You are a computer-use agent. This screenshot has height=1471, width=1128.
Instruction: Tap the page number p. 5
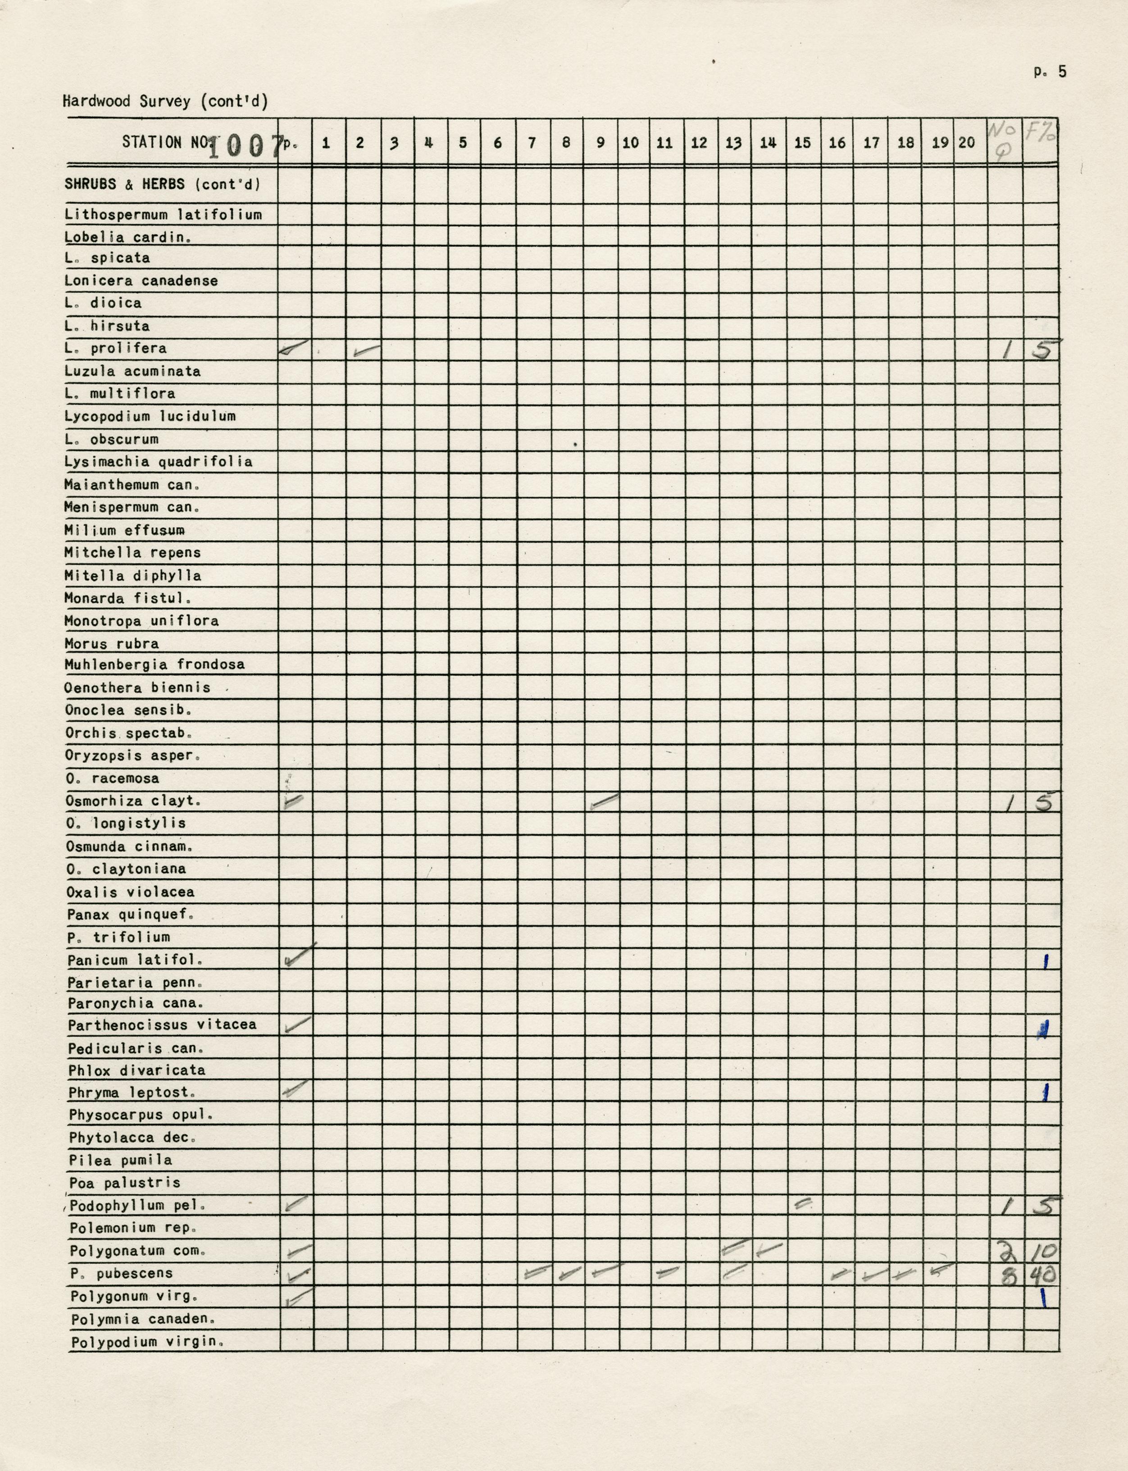coord(1050,72)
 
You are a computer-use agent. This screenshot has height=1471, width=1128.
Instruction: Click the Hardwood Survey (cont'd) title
coord(165,101)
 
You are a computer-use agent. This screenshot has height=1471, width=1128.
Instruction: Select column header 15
coord(802,142)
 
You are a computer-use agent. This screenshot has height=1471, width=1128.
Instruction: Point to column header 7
coord(532,142)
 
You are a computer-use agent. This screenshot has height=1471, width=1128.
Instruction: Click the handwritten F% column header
coord(1040,132)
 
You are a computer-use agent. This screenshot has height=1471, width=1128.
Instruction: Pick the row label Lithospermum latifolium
coord(163,215)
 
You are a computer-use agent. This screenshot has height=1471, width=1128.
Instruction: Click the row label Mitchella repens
coord(132,552)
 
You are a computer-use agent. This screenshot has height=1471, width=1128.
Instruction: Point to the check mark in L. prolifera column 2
coord(365,351)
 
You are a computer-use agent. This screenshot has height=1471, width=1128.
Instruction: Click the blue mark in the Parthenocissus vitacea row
coord(1043,1029)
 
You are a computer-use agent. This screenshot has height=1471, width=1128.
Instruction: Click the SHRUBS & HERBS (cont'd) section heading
coord(162,184)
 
